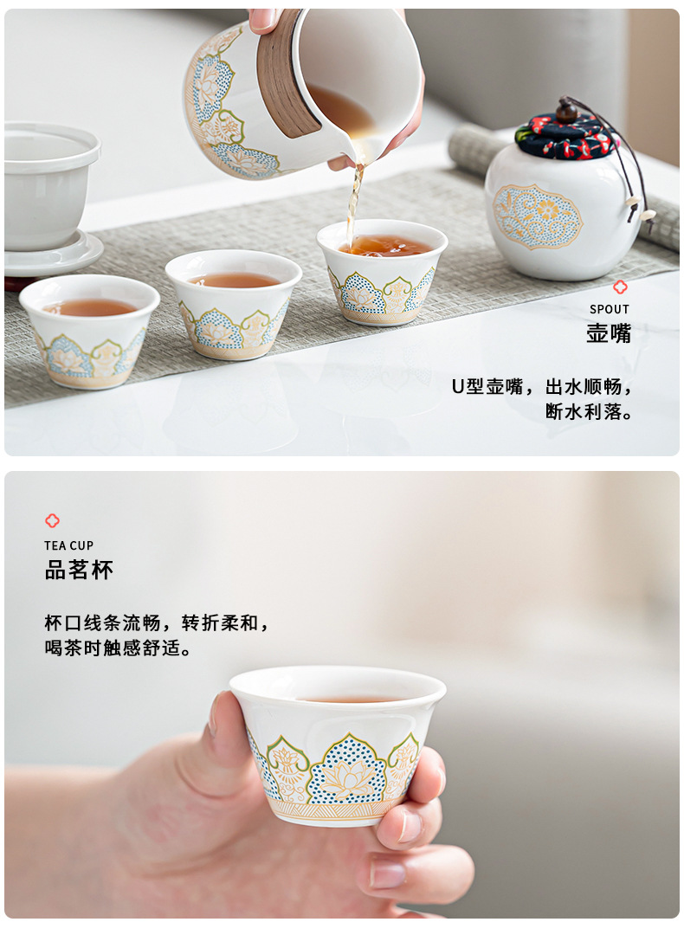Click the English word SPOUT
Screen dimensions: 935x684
[x=610, y=309]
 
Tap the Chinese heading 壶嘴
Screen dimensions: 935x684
[x=609, y=333]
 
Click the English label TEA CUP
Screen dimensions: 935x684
[x=69, y=545]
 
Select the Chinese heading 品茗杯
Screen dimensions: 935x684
[x=79, y=570]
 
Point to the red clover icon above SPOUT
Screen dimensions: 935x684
[x=620, y=287]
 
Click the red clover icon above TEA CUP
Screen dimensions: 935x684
[x=53, y=520]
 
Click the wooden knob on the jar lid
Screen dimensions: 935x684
[x=566, y=110]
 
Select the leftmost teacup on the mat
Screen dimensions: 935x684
[x=89, y=329]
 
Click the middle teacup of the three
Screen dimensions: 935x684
[x=234, y=303]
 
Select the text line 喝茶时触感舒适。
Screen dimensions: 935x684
[x=118, y=648]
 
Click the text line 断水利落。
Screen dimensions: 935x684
[x=589, y=412]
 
